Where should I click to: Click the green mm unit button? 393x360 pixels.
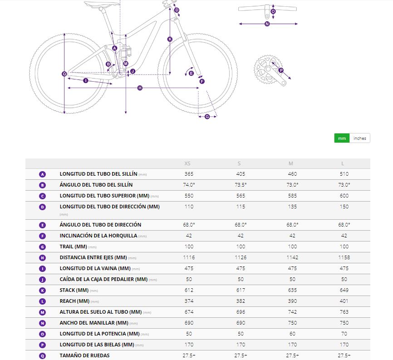coord(342,138)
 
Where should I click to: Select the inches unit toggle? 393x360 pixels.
coord(360,138)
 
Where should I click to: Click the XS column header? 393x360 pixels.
coord(188,163)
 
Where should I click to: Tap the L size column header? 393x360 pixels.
coord(343,163)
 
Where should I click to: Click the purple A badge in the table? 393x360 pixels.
coord(42,174)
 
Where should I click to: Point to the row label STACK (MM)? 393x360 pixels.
coord(74,290)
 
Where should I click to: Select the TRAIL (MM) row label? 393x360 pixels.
coord(73,247)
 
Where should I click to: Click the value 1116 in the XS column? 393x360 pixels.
coord(189,257)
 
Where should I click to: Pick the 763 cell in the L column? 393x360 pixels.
coord(344,312)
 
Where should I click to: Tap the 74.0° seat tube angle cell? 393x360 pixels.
coord(189,185)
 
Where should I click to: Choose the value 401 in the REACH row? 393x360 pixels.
coord(344,301)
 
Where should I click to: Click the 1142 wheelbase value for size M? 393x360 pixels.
coord(292,257)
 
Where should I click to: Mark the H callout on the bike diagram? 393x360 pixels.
coord(140,88)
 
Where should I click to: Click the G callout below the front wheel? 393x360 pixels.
coord(207,117)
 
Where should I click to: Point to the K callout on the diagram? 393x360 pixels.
coord(170,39)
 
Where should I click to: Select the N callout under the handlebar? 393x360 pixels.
coord(267,24)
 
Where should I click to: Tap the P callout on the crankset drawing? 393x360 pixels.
coord(281,70)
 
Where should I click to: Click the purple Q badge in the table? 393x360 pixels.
coord(42,355)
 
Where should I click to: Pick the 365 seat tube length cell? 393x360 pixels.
coord(189,174)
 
